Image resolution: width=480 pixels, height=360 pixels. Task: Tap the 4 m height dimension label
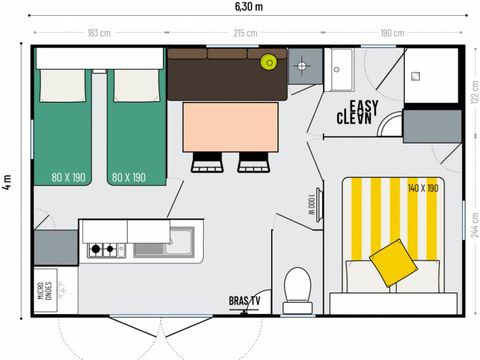[x=8, y=181]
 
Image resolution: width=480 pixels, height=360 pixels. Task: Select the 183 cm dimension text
[x=99, y=33]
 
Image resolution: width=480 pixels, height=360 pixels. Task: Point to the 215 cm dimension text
[x=245, y=33]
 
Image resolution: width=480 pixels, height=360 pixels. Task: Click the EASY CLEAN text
[x=356, y=110]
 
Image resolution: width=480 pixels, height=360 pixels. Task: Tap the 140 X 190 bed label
[x=422, y=188]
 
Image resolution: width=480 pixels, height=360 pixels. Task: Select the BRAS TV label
[x=244, y=300]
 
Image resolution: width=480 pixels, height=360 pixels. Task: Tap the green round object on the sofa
[x=268, y=62]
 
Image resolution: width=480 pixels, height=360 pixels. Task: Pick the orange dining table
[x=230, y=126]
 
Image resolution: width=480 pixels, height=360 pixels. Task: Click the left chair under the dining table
[x=207, y=162]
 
